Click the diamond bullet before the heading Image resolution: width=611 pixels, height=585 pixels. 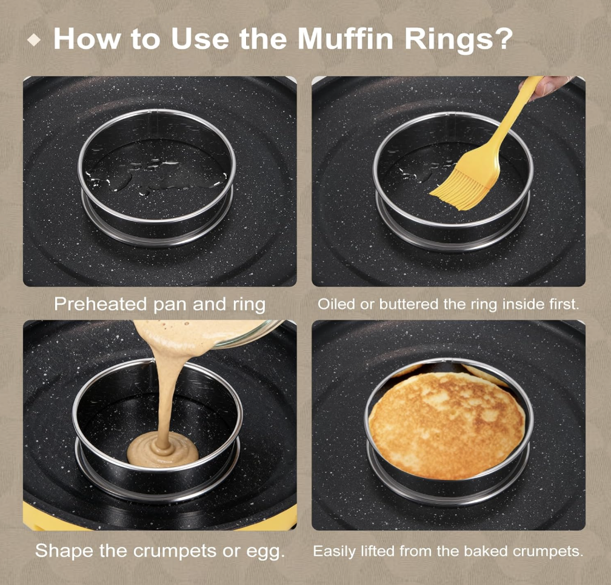tap(35, 40)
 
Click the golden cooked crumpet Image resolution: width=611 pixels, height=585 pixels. tap(447, 425)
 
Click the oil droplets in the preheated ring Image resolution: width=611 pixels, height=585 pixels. tap(156, 175)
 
